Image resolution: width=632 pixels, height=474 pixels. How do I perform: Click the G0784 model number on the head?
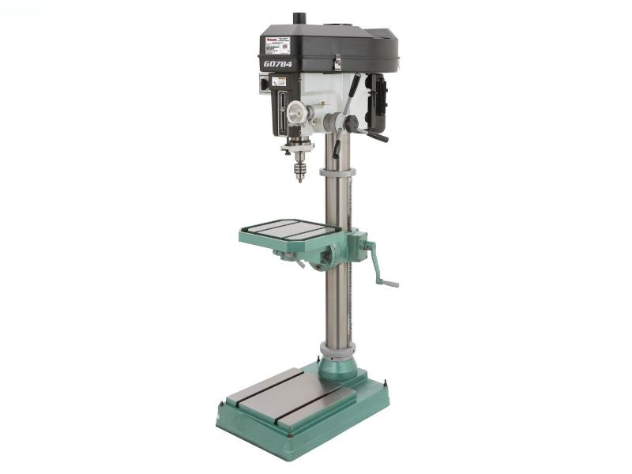(x=277, y=64)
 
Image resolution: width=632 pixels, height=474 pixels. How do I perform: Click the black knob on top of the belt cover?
(x=299, y=18)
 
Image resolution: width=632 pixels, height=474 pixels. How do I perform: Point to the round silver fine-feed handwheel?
(x=296, y=112)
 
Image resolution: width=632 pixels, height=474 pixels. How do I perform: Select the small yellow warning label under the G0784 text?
(x=279, y=81)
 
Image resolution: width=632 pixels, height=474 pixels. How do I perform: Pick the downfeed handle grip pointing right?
(x=378, y=137)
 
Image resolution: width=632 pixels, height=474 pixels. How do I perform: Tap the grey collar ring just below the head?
(x=337, y=171)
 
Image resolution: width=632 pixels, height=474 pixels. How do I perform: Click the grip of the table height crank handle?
(x=388, y=282)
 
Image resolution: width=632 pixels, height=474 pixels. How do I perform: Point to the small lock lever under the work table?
(x=299, y=261)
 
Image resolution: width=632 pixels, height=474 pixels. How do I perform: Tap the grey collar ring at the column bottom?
(x=337, y=349)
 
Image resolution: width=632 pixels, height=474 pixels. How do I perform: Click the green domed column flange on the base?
(x=337, y=367)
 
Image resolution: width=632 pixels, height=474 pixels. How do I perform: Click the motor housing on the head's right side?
(x=378, y=103)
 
